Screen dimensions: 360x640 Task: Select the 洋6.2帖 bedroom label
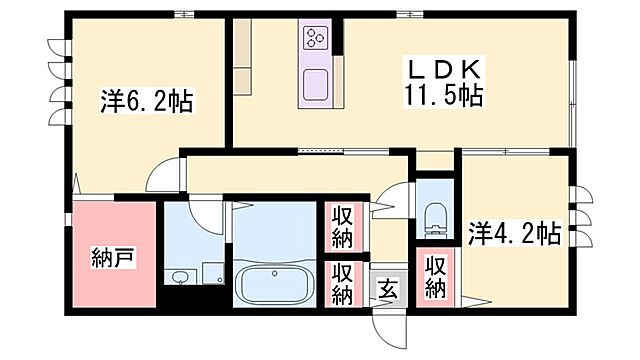pyautogui.click(x=147, y=101)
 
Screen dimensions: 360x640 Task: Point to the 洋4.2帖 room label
pyautogui.click(x=513, y=234)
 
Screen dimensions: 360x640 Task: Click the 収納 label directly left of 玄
pyautogui.click(x=341, y=284)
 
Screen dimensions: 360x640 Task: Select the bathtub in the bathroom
pyautogui.click(x=273, y=285)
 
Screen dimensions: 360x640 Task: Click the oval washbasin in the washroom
pyautogui.click(x=179, y=278)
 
